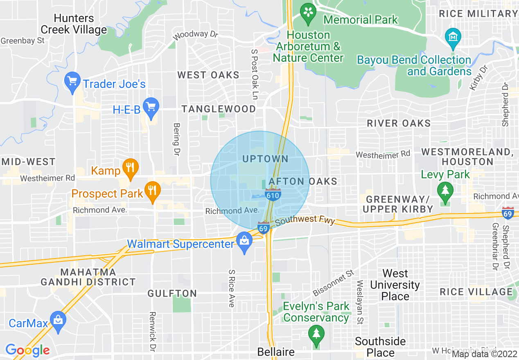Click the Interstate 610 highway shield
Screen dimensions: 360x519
(x=273, y=195)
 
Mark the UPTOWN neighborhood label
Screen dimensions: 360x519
(x=265, y=159)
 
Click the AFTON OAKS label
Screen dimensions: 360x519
(x=303, y=181)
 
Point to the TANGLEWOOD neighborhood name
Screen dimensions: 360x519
(x=219, y=109)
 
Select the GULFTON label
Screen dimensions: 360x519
(x=172, y=293)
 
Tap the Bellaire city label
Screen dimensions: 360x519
(x=276, y=352)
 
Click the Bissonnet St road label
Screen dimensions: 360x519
(x=333, y=283)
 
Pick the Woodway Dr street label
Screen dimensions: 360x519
(x=195, y=35)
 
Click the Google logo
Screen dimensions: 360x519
(x=27, y=350)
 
